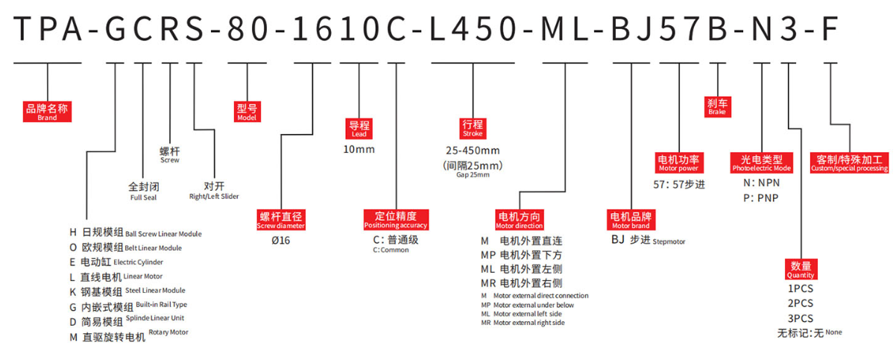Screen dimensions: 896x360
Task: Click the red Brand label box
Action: click(47, 112)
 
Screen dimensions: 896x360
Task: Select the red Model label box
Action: click(247, 112)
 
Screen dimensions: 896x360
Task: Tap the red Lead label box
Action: click(359, 129)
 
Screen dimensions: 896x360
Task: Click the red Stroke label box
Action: click(473, 128)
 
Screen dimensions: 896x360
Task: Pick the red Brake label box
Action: click(718, 107)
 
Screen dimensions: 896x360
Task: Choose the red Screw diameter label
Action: click(281, 220)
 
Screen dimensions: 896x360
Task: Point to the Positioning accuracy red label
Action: click(396, 220)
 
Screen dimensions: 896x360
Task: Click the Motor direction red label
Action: click(520, 220)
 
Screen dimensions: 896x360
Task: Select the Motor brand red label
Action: click(631, 220)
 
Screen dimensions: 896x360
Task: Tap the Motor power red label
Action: click(679, 162)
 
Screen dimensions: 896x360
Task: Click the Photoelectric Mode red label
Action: click(762, 162)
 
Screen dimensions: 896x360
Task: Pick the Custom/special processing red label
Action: click(850, 162)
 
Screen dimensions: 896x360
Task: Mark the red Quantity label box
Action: click(801, 269)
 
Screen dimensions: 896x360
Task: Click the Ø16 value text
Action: click(281, 241)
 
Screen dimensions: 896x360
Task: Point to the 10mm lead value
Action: click(359, 150)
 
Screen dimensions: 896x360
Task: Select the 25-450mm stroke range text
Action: click(473, 151)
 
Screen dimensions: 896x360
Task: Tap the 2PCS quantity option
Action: click(801, 303)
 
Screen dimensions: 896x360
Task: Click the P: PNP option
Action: click(761, 198)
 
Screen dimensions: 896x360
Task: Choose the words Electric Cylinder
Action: click(139, 262)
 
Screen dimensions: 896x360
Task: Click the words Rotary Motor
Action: click(168, 332)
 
